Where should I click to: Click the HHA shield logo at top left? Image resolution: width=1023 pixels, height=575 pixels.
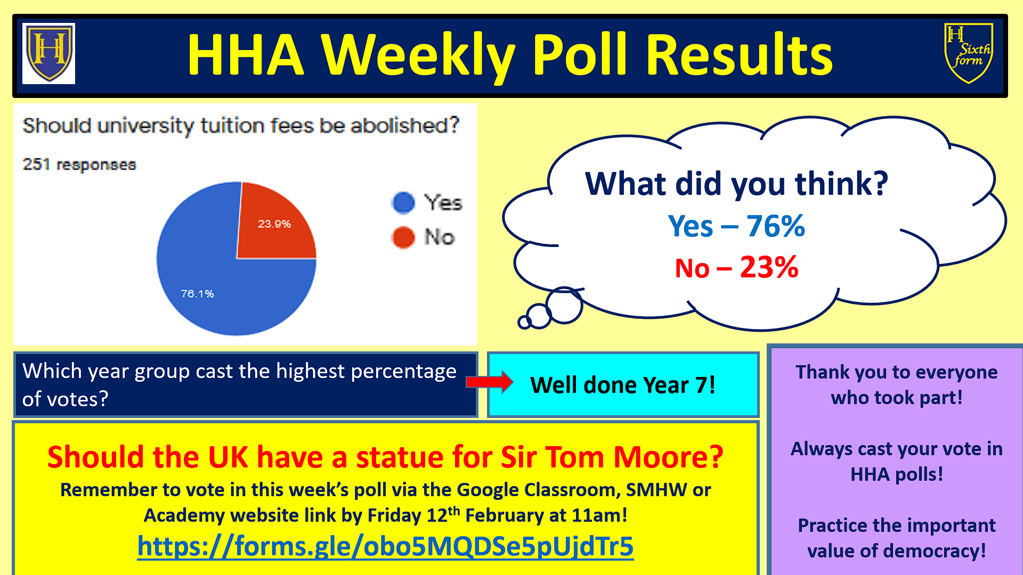(x=48, y=53)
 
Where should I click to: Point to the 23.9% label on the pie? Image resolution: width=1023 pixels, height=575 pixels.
(x=274, y=224)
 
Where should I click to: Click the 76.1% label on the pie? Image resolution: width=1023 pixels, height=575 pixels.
(x=197, y=294)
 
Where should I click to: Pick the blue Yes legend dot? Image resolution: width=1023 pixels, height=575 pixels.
(x=403, y=203)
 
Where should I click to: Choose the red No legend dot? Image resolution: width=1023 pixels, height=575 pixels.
(x=403, y=237)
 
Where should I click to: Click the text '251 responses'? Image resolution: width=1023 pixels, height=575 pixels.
(x=79, y=165)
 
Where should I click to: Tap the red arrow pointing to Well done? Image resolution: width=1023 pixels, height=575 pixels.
(x=490, y=382)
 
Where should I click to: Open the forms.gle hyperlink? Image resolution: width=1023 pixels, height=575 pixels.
(x=385, y=546)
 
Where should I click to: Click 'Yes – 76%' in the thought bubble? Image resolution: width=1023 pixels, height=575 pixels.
(x=736, y=226)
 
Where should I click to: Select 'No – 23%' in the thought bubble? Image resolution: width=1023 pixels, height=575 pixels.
(x=736, y=267)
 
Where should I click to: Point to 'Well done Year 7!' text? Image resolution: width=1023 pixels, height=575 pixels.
(x=623, y=385)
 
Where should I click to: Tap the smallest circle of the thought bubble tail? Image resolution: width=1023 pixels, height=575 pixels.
(x=524, y=322)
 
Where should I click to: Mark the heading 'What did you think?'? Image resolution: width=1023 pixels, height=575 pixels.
(x=736, y=184)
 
